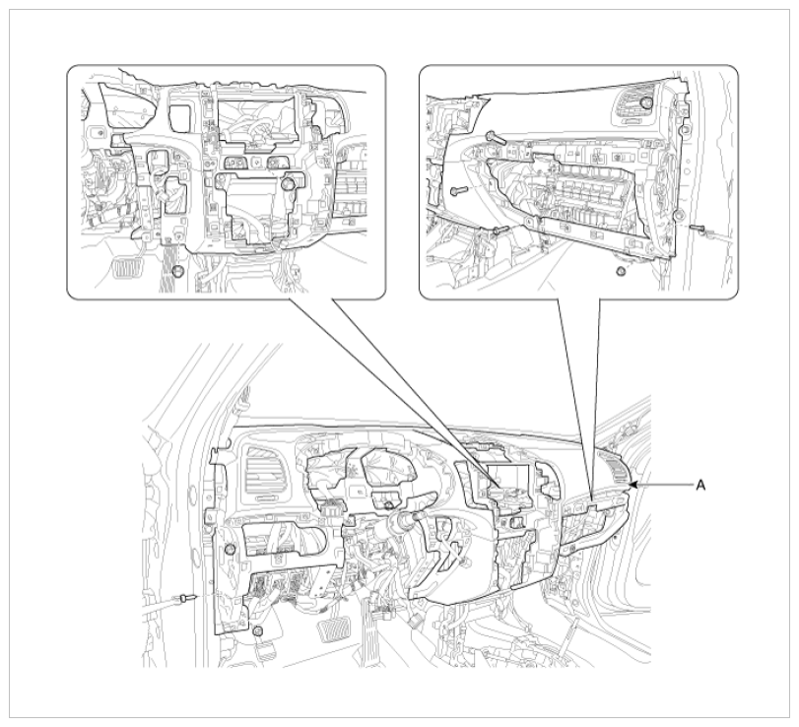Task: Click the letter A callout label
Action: click(x=701, y=485)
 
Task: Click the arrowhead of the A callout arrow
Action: click(x=633, y=485)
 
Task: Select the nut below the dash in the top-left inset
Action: click(x=177, y=271)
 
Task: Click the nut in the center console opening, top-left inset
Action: click(x=288, y=183)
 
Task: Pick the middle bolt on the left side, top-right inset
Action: click(x=459, y=190)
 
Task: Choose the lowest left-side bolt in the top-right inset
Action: click(x=499, y=231)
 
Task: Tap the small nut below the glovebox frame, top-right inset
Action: click(x=621, y=271)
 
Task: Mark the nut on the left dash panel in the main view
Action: click(x=230, y=550)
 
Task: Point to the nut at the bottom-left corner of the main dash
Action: click(x=257, y=631)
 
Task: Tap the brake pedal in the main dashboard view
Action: click(x=330, y=632)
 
